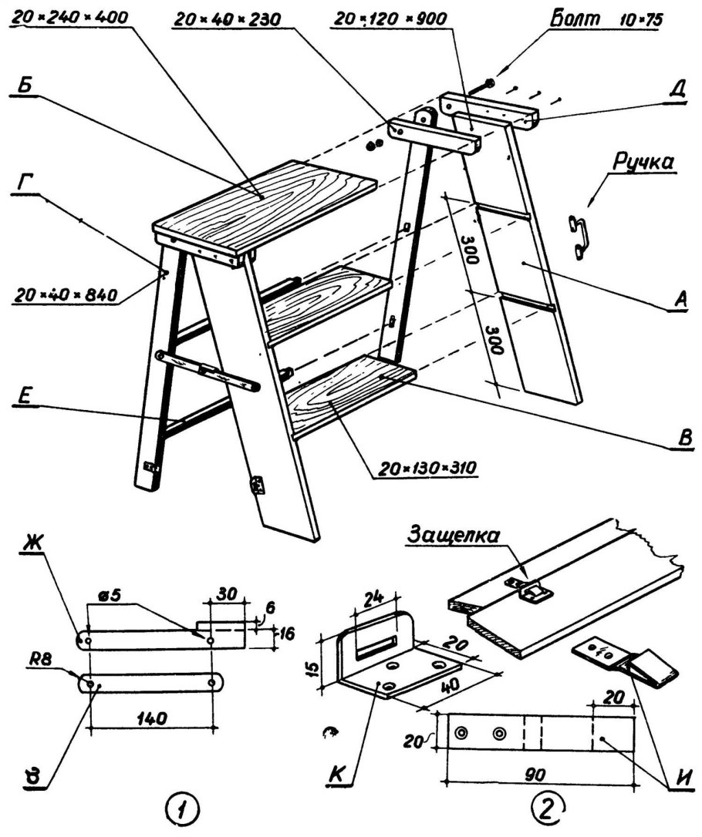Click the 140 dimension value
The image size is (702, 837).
coord(151,718)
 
